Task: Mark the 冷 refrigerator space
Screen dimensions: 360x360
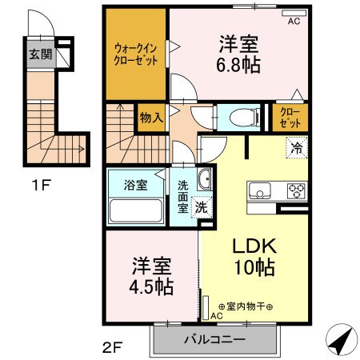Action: pyautogui.click(x=296, y=146)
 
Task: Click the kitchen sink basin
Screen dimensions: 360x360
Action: pyautogui.click(x=261, y=191)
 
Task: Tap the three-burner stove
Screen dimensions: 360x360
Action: pyautogui.click(x=296, y=191)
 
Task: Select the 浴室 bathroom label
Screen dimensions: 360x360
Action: pyautogui.click(x=135, y=186)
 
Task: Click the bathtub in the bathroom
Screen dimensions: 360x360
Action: pyautogui.click(x=136, y=212)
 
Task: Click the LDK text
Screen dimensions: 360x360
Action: pyautogui.click(x=253, y=245)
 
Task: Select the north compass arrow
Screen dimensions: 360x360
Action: pyautogui.click(x=342, y=340)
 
